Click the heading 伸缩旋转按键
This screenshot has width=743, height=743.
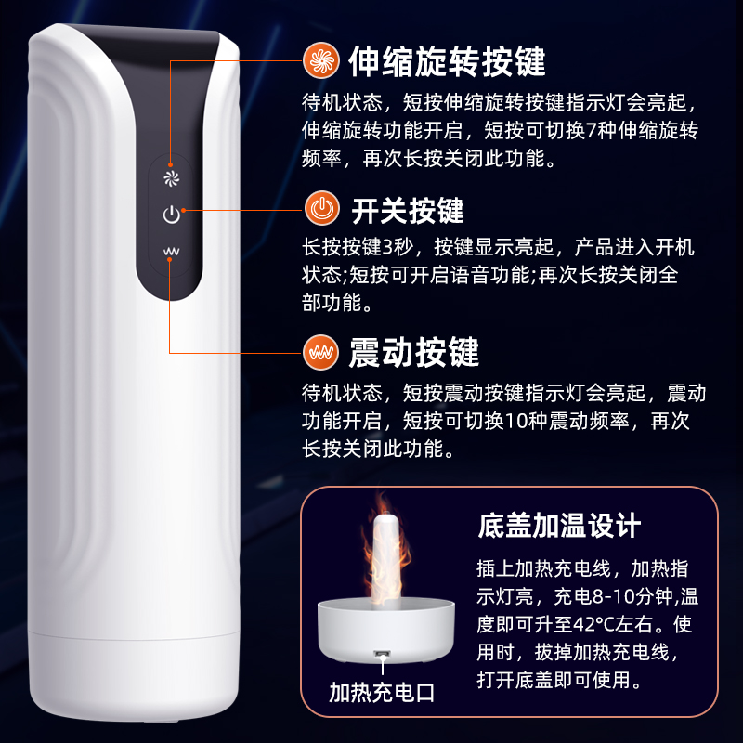[447, 61]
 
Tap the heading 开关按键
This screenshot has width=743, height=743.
[407, 211]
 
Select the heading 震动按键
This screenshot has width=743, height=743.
[413, 353]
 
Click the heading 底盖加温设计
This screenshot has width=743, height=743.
[559, 526]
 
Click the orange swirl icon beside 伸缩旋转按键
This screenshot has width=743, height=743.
[321, 60]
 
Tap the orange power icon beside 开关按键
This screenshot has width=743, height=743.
[321, 208]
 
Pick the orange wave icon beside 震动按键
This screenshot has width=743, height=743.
[320, 353]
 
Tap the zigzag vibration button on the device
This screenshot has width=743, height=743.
[171, 251]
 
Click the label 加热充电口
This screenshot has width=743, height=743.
[382, 693]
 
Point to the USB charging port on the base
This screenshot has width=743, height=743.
[382, 655]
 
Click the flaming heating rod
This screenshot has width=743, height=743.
[386, 556]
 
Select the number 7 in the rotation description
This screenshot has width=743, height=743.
[591, 130]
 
